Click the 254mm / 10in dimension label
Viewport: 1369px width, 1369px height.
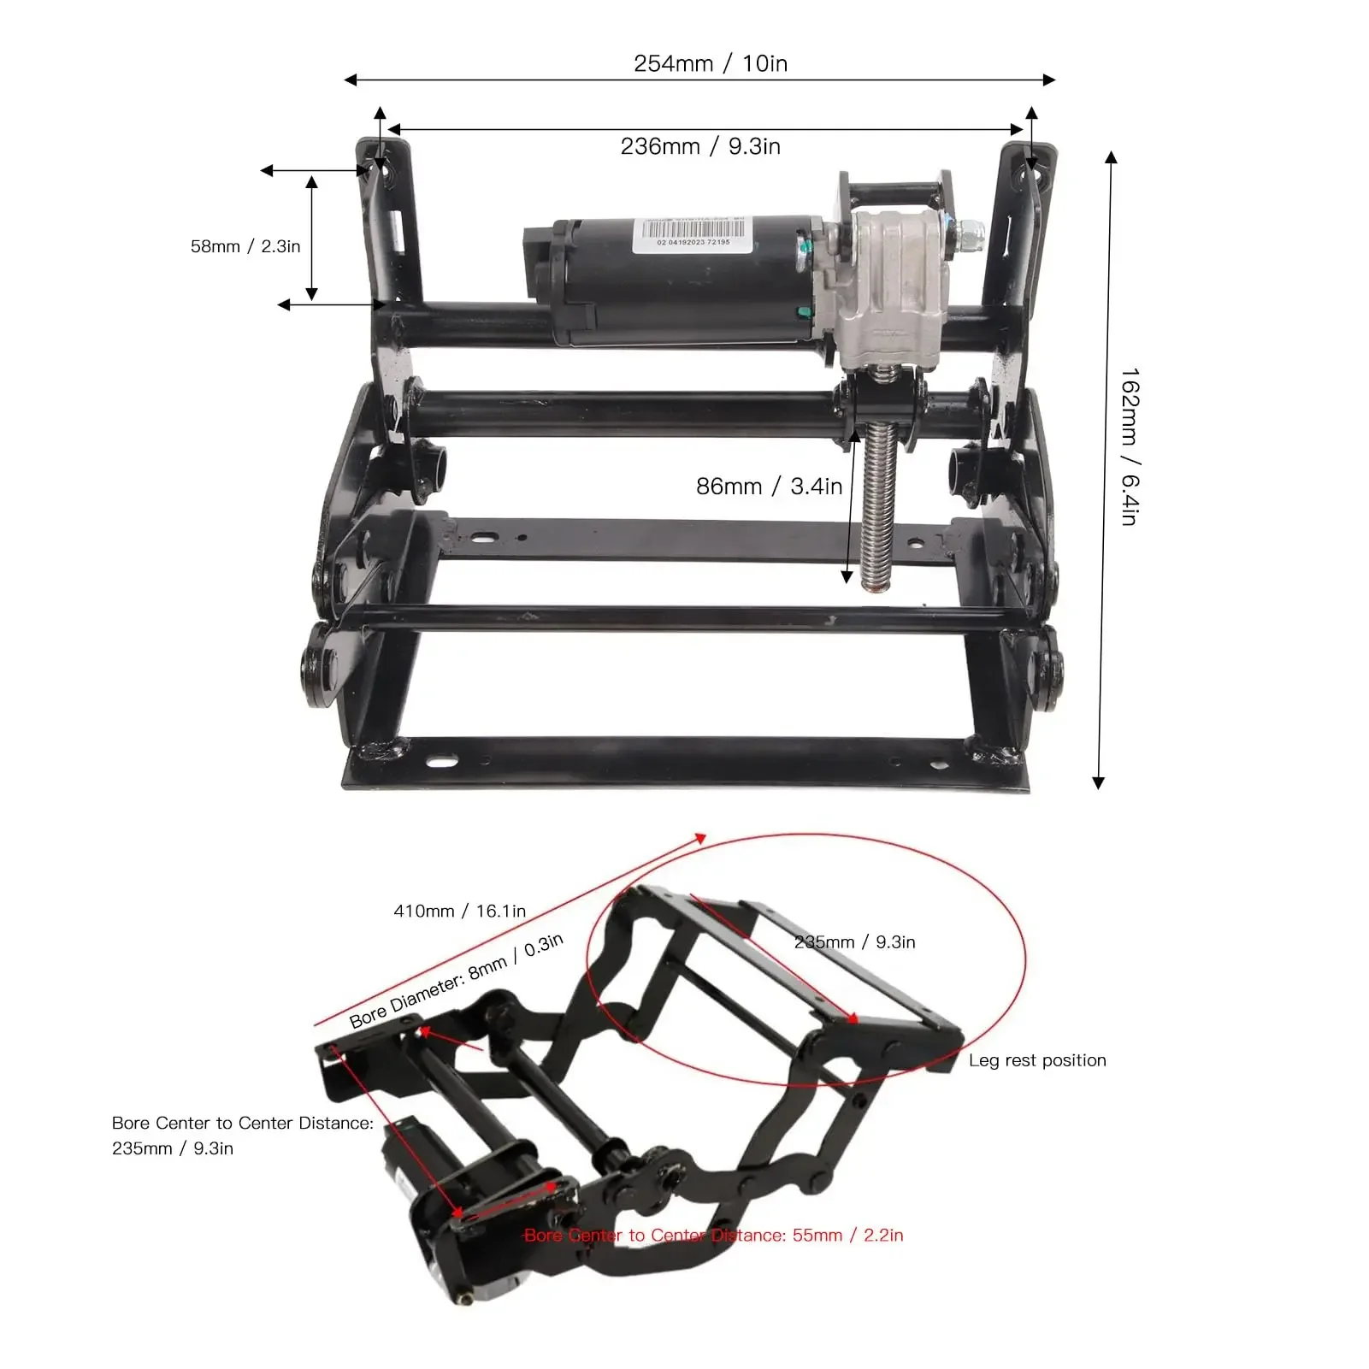710,63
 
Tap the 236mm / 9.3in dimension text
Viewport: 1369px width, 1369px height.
700,146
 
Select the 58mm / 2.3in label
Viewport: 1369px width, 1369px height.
245,246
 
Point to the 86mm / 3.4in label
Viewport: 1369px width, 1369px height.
769,487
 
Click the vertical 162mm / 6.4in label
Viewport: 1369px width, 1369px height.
1130,446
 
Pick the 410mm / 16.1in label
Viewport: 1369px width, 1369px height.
459,911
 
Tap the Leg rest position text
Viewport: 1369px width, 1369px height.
1037,1060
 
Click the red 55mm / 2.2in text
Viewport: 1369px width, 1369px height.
713,1235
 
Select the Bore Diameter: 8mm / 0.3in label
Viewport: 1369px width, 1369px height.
457,980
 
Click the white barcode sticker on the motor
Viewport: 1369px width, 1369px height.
692,235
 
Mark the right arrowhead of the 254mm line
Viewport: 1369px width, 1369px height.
1050,80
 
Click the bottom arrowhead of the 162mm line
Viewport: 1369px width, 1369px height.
1099,782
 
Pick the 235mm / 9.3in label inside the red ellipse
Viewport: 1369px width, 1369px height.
854,941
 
